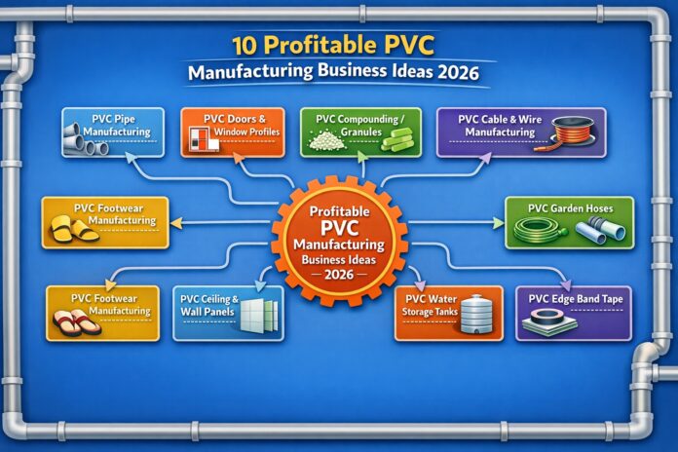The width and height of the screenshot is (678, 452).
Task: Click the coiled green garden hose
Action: pyautogui.click(x=537, y=229)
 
